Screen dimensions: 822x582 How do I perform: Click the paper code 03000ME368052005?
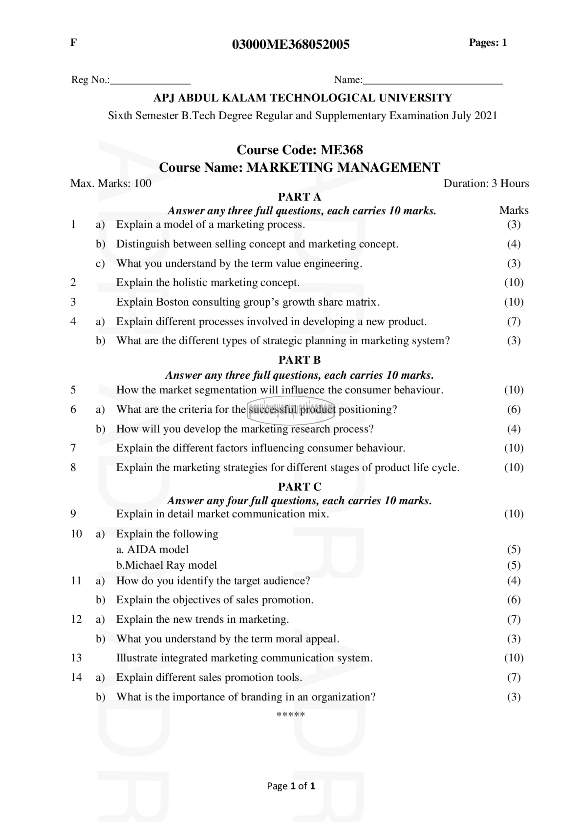[x=291, y=44]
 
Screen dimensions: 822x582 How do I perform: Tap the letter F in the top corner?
[x=73, y=43]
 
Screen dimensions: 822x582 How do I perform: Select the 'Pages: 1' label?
[x=488, y=43]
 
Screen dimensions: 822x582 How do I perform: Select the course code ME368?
[x=342, y=150]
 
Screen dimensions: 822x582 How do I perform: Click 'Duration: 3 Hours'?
[x=486, y=183]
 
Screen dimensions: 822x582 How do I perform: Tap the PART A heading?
[x=300, y=197]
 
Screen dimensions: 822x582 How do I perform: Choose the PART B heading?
[x=300, y=360]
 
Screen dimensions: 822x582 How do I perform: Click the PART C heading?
[x=300, y=487]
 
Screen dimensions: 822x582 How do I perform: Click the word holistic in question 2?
[x=187, y=283]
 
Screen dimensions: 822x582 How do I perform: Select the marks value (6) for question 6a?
[x=514, y=409]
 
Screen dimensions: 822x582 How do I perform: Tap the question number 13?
[x=76, y=658]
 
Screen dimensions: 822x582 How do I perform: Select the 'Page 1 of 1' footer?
[x=291, y=786]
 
